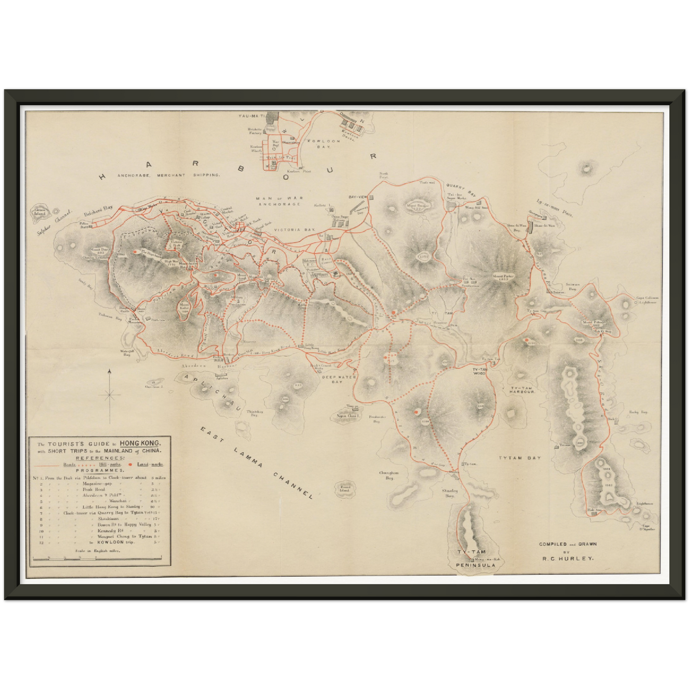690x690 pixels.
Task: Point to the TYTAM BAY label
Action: click(520, 457)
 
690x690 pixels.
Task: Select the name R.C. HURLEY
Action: click(567, 557)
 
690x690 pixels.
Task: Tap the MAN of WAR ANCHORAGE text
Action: click(279, 201)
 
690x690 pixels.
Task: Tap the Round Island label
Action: click(345, 488)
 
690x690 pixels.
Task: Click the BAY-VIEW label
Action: click(358, 197)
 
